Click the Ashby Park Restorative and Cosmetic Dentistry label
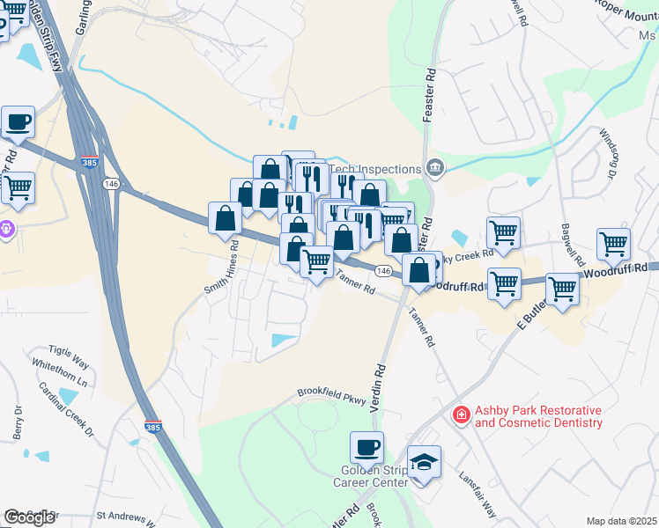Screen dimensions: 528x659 click(x=538, y=417)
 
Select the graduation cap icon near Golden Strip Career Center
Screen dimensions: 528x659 click(x=424, y=462)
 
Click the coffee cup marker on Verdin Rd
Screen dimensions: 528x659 click(x=367, y=448)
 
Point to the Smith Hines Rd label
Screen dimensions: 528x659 click(x=221, y=273)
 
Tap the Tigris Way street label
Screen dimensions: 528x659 click(x=69, y=363)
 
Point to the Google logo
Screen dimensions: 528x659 click(x=29, y=517)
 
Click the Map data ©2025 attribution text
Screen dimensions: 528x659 click(x=622, y=521)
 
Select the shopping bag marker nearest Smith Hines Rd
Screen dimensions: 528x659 click(x=226, y=218)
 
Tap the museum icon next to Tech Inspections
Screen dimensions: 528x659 click(x=433, y=168)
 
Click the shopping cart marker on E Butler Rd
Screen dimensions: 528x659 click(x=561, y=289)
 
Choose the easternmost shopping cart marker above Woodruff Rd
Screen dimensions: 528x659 click(x=613, y=243)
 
